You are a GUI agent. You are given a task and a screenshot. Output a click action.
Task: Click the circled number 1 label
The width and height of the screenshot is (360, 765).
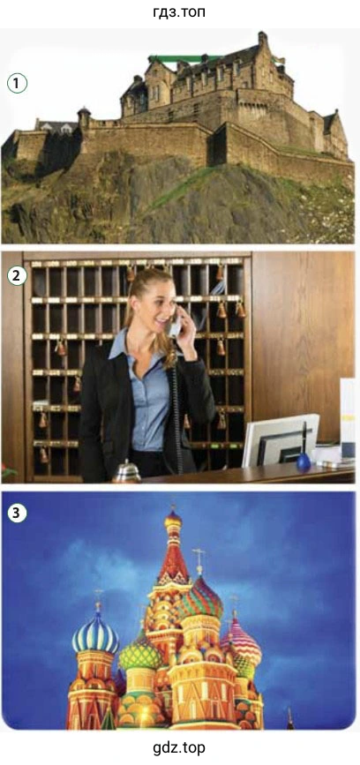(17, 84)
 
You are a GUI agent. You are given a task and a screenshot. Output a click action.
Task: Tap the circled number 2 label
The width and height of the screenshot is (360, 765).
(17, 276)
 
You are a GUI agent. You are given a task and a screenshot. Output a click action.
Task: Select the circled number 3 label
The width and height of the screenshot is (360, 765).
(17, 513)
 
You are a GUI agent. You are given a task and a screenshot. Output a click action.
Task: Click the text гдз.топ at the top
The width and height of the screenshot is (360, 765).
(179, 11)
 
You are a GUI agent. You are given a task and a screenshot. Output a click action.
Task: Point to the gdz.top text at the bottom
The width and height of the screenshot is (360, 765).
(179, 748)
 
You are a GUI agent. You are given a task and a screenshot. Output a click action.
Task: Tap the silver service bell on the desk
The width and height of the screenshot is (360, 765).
(126, 471)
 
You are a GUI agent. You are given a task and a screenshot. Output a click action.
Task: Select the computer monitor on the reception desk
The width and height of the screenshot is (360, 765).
(279, 441)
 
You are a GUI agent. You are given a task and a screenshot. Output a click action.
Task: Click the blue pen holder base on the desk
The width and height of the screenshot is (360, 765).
(304, 461)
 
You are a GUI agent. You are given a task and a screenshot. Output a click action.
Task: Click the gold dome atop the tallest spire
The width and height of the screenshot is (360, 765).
(173, 520)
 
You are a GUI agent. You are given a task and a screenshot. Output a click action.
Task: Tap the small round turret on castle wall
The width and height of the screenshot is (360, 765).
(84, 118)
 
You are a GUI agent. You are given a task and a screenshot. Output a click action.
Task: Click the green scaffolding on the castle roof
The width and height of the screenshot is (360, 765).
(178, 59)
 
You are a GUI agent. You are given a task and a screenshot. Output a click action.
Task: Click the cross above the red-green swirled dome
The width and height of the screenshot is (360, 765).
(199, 561)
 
